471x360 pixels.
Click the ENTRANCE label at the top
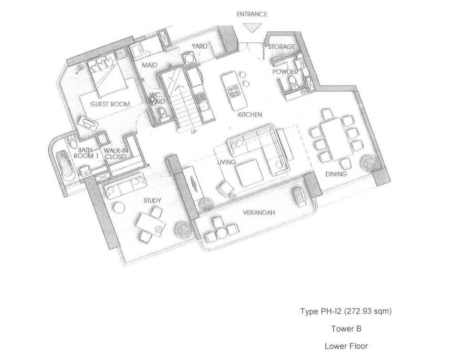[x=252, y=14]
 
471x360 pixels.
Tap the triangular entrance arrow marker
[x=252, y=28]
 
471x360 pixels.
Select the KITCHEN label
[x=250, y=115]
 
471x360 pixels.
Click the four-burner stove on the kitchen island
[x=234, y=91]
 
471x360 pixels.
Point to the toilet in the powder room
[x=292, y=82]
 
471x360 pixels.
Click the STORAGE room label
[x=281, y=47]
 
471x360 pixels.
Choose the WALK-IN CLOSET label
[x=116, y=154]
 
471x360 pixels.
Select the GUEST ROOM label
[x=110, y=104]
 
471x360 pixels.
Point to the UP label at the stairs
[x=194, y=132]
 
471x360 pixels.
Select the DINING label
[x=336, y=174]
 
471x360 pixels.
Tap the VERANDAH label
[x=259, y=213]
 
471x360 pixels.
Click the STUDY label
[x=152, y=201]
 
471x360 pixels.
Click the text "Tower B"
[x=346, y=329]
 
